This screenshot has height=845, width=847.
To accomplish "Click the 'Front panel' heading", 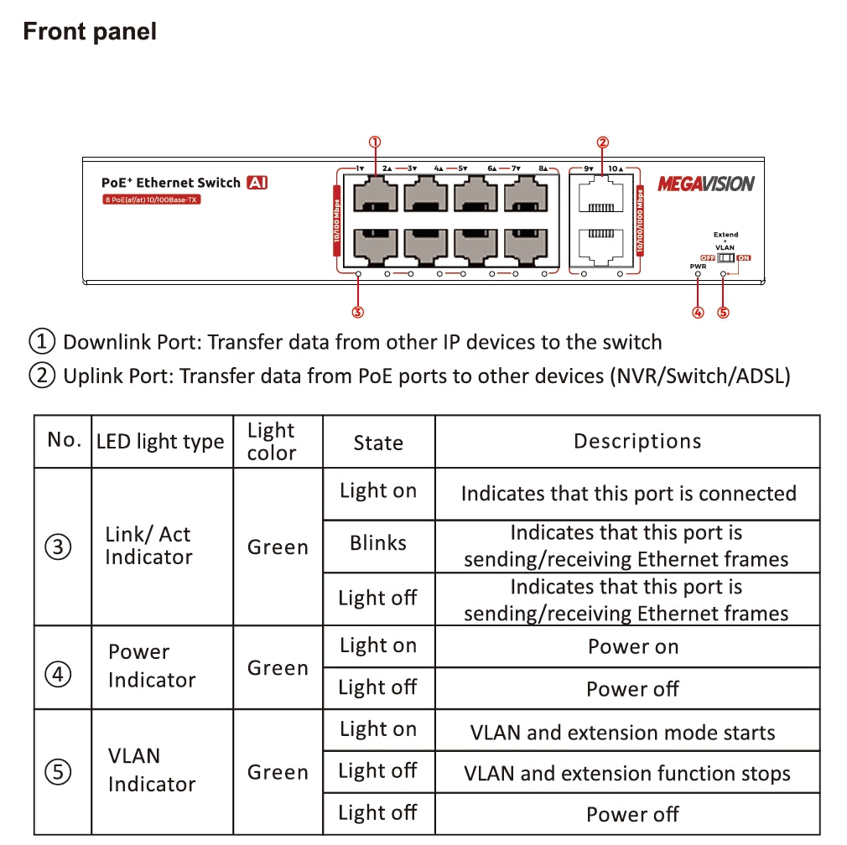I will click(x=90, y=32).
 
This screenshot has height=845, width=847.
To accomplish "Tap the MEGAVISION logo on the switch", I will click(x=705, y=184).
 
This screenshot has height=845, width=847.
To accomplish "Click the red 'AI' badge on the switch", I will click(x=257, y=183).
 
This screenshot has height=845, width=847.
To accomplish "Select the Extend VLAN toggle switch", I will click(x=725, y=258).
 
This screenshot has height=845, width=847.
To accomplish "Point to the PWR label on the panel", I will click(x=698, y=267).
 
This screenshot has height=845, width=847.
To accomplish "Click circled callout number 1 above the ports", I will click(x=375, y=143).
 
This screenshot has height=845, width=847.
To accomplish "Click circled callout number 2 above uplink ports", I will click(x=602, y=143).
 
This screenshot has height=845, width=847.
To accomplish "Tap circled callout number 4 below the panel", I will click(x=698, y=313).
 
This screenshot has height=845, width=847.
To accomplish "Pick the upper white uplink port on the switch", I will click(x=602, y=198).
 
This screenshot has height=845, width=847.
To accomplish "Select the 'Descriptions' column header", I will click(x=637, y=442).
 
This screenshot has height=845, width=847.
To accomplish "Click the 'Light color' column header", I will click(x=272, y=442).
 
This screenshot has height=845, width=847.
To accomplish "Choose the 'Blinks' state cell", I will click(x=378, y=543).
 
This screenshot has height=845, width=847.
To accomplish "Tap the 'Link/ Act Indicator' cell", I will click(x=148, y=546).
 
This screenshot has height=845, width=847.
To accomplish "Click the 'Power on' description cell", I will click(x=633, y=646).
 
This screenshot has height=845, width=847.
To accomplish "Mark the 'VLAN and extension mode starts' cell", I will click(x=622, y=733).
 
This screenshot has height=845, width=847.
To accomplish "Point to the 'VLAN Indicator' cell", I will click(x=151, y=770).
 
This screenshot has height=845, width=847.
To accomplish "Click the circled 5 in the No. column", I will click(x=58, y=772).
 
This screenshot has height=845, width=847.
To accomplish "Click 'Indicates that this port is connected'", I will click(x=628, y=493).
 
